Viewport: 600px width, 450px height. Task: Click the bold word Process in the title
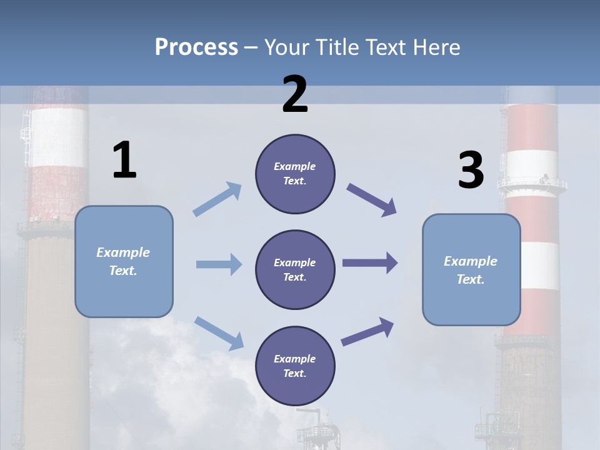196,47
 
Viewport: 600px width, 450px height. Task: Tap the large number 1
124,160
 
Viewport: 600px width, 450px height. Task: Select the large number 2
295,94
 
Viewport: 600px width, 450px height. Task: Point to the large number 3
471,171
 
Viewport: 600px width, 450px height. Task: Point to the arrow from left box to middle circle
219,264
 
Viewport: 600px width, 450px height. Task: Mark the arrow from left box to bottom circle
219,332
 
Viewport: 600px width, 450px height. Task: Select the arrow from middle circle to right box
369,263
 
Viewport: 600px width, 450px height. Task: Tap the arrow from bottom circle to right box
367,332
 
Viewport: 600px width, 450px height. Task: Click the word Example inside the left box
123,252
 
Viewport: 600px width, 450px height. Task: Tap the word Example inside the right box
471,261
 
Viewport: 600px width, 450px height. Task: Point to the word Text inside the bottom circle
294,373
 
